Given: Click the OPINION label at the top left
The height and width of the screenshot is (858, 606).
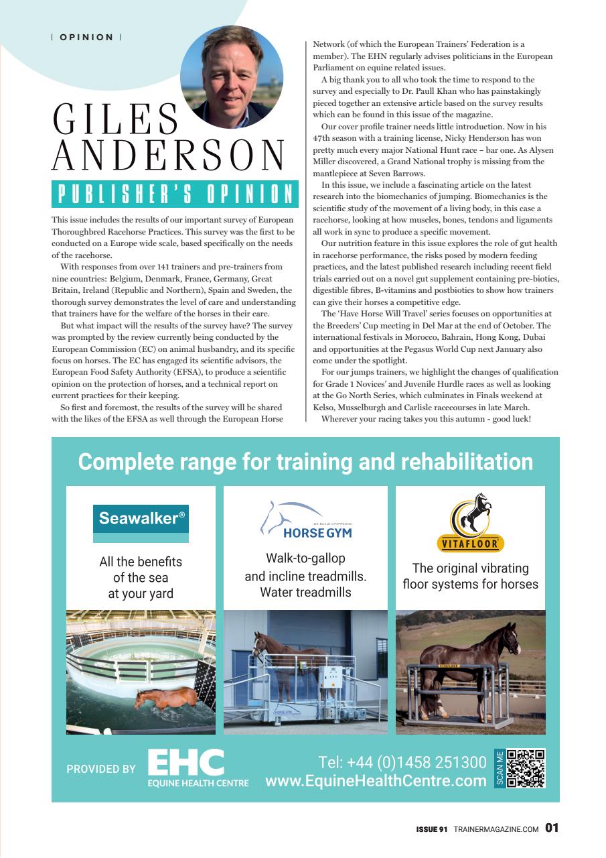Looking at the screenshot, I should [86, 37].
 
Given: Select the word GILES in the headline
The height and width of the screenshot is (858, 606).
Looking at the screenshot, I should [115, 121].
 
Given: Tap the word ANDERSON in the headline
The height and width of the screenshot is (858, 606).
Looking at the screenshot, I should [169, 156].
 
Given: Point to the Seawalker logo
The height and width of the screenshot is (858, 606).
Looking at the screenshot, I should [141, 518].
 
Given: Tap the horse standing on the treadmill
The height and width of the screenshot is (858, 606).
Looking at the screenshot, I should [288, 657].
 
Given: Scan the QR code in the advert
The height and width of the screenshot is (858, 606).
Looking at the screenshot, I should [525, 768].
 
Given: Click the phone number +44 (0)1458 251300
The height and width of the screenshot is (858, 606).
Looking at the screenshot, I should [402, 763].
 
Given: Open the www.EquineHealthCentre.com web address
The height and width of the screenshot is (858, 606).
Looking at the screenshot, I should [376, 781].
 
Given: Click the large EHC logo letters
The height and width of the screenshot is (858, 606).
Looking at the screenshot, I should [185, 763].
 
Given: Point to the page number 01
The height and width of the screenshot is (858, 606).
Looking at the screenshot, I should [551, 828].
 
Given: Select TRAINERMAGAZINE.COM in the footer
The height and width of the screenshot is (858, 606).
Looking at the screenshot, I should [496, 829].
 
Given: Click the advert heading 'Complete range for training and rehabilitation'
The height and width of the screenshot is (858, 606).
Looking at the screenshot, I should [305, 462].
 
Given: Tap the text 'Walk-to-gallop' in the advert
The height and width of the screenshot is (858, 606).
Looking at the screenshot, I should [305, 558].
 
